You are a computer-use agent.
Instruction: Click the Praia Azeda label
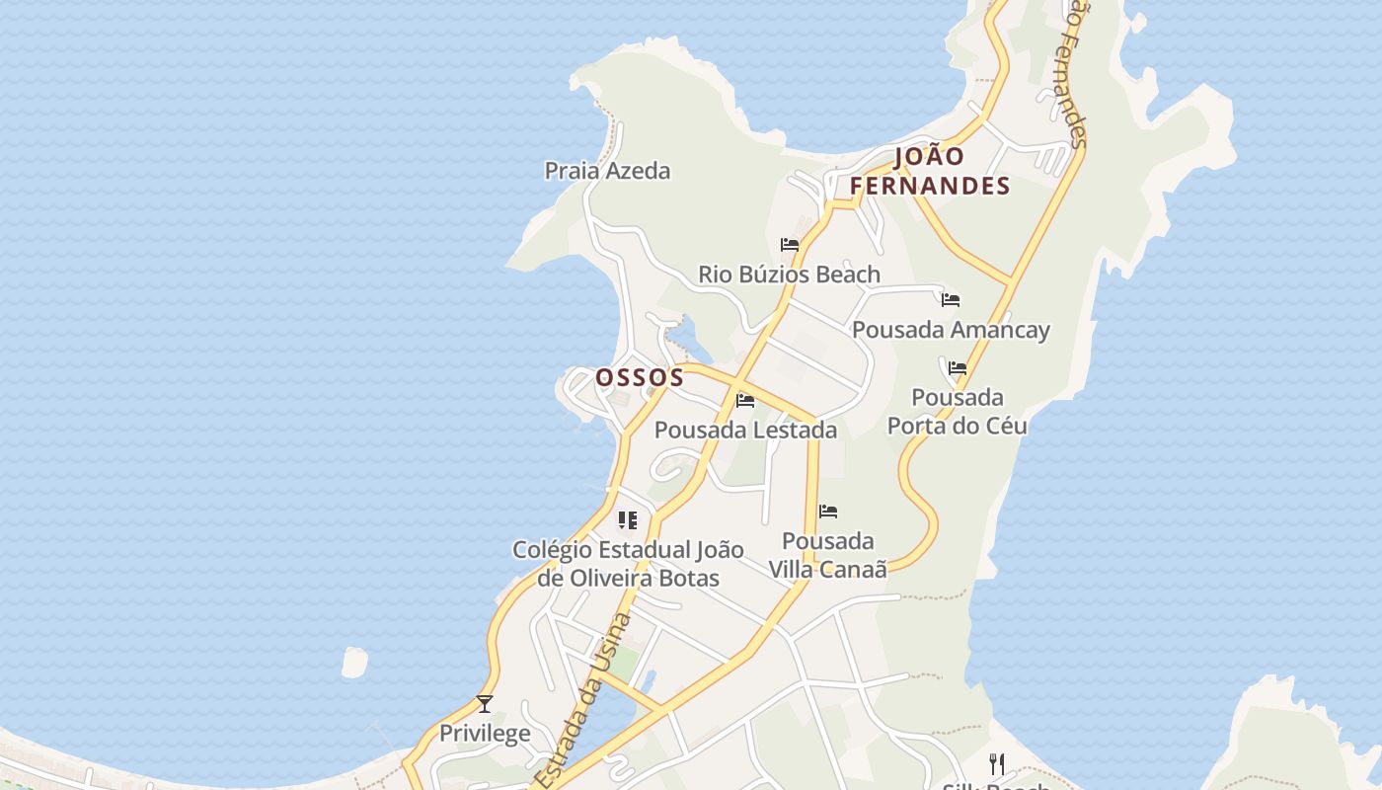click(607, 171)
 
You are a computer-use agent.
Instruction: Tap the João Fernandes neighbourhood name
click(930, 171)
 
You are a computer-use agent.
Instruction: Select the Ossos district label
click(640, 377)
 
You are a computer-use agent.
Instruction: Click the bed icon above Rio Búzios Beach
click(790, 245)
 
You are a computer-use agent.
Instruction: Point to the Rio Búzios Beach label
click(789, 274)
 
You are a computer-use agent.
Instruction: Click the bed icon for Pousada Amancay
click(951, 299)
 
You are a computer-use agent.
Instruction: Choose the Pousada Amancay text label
click(951, 330)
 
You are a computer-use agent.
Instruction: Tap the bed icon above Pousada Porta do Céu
click(958, 368)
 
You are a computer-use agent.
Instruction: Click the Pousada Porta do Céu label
click(957, 411)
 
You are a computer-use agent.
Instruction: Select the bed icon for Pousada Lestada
click(745, 400)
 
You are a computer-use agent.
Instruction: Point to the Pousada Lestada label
click(745, 430)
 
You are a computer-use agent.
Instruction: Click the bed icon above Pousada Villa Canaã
click(828, 512)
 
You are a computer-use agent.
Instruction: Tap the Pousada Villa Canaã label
click(827, 554)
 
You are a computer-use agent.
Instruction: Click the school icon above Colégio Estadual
click(628, 519)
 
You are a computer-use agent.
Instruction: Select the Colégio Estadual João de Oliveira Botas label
click(628, 563)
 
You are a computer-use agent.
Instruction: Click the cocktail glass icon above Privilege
click(485, 704)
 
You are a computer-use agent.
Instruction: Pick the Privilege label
click(485, 733)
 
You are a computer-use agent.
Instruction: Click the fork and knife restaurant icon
click(997, 764)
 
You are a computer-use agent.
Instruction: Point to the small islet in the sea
click(354, 662)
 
